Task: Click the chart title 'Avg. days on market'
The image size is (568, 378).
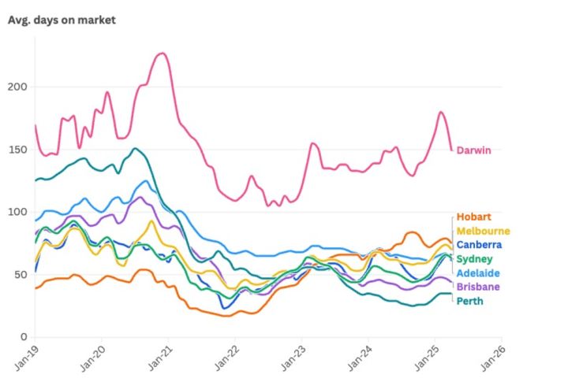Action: pos(62,20)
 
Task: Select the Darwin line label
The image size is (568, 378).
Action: pos(473,150)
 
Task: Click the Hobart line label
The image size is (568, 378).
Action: pos(474,217)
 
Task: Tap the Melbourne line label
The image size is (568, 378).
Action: pos(483,231)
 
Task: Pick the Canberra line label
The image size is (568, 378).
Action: pos(479,245)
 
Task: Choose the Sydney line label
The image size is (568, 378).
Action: pos(474,259)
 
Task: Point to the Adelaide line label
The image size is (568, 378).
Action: pos(477,272)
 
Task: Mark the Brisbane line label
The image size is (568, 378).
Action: pos(477,287)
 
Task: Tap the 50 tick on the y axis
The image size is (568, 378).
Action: pos(23,274)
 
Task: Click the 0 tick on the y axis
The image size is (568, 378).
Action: pos(26,336)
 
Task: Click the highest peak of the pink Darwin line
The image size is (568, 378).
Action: pos(161,54)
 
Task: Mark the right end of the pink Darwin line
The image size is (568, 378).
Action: pos(451,150)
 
